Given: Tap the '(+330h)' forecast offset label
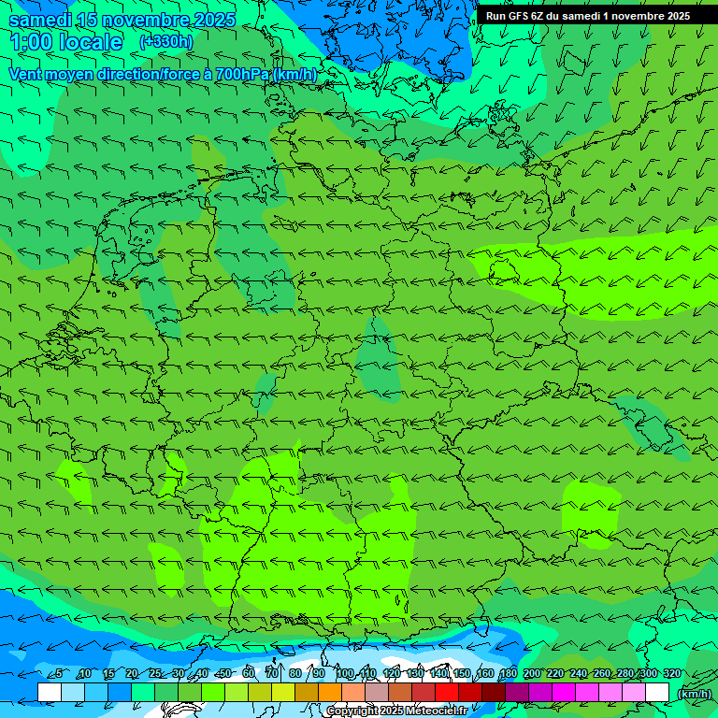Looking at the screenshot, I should pos(166,41).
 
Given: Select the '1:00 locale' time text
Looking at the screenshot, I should pos(65,42).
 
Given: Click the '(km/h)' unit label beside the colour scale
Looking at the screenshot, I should pos(693,694).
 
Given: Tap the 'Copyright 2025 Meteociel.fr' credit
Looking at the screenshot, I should pos(397,711).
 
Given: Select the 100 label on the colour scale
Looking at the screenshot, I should pos(344,673).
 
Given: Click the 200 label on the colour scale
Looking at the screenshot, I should pos(532,673).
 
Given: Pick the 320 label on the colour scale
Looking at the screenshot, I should pos(672,673).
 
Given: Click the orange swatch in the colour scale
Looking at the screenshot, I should pos(330,693).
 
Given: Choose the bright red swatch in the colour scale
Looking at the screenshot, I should pos(447,693).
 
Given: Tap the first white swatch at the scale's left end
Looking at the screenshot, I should pos(50,693).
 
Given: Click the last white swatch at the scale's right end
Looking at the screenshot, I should pos(657,693).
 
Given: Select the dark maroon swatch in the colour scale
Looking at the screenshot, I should pos(494,693).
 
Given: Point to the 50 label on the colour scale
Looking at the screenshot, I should pos(224,673).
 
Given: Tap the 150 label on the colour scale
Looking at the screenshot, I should pos(462,673).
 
